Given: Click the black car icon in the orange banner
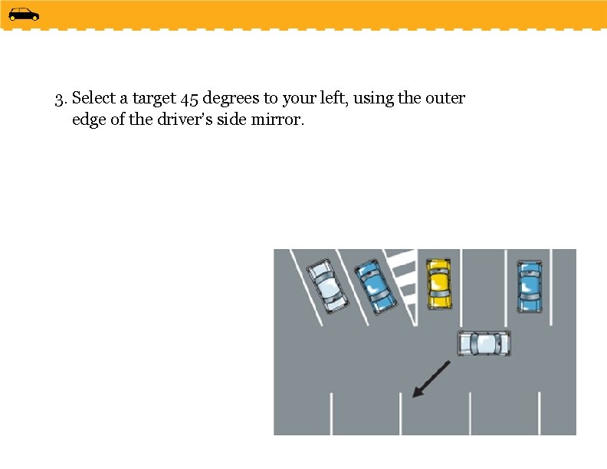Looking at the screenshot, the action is (x=24, y=15).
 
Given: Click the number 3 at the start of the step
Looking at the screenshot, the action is (x=59, y=100).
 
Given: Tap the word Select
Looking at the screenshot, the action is (x=94, y=97).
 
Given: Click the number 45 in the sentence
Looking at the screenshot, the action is (x=189, y=99).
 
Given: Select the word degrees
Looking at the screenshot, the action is (x=231, y=99).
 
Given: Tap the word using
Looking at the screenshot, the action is (x=373, y=99).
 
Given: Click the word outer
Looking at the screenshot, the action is (x=445, y=99).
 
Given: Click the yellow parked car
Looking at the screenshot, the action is (x=439, y=284).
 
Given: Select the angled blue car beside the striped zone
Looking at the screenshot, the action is (x=376, y=286).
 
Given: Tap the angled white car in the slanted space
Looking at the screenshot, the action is (x=327, y=285).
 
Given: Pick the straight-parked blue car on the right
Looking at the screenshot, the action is (x=530, y=287).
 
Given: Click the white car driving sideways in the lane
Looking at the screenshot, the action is (x=484, y=343).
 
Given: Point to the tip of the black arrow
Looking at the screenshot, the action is (x=412, y=397).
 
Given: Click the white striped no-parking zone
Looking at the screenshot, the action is (x=402, y=287).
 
